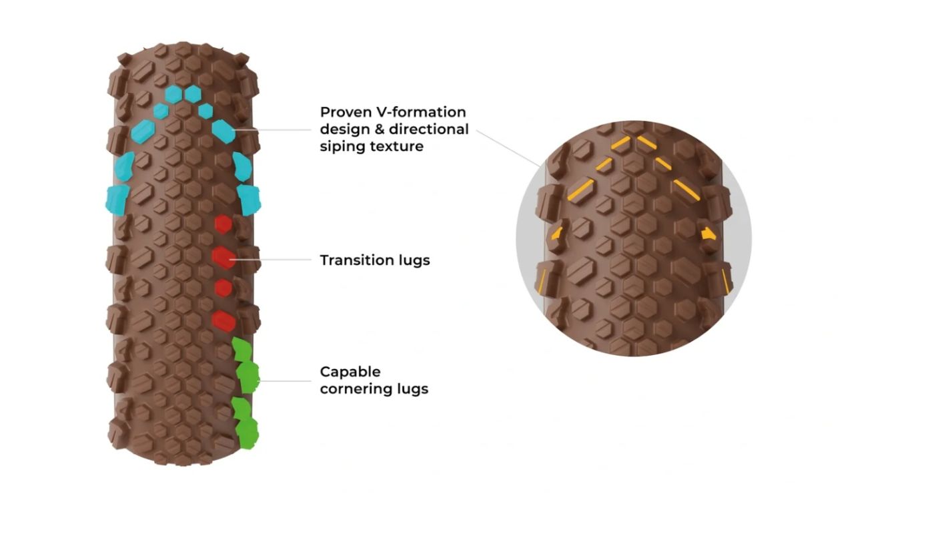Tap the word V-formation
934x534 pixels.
[423, 111]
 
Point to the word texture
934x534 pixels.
[399, 146]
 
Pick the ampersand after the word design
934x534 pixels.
[376, 129]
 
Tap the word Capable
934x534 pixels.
[350, 371]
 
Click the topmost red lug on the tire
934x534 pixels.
[222, 224]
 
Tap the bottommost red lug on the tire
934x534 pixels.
[224, 320]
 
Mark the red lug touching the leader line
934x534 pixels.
[224, 257]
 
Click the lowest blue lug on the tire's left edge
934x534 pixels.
[117, 199]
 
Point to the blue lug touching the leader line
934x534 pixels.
[224, 131]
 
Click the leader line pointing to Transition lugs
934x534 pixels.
[274, 259]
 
